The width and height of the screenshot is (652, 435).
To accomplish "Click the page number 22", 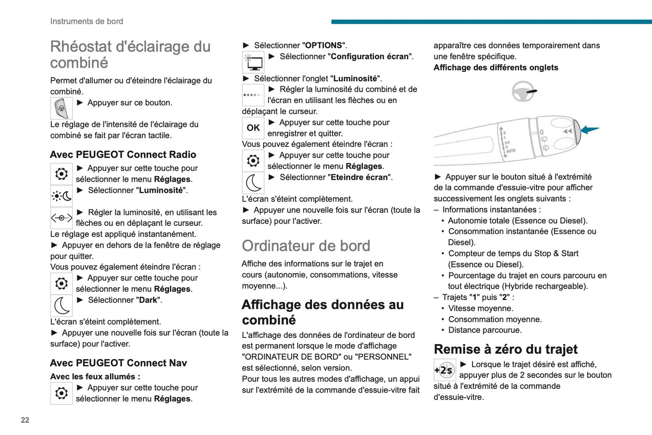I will point(25,420).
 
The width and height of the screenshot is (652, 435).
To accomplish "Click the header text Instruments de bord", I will point(87,21).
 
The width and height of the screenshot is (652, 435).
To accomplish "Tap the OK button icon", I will point(253,128).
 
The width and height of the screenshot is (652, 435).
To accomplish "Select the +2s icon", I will point(444,370).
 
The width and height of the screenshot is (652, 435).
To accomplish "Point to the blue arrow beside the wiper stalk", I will point(589,130).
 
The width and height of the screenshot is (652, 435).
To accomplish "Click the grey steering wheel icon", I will point(523,91).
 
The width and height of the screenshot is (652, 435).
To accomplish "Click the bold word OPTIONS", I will point(324,46).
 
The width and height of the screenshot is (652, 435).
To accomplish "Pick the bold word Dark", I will point(148,300).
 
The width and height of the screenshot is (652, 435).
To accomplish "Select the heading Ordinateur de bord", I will point(306,246).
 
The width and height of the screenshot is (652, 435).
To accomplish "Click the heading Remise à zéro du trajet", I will point(505,349).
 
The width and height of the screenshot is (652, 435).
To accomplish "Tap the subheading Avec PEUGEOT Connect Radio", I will point(123,154).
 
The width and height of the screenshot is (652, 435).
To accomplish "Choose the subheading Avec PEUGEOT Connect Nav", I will point(118,363).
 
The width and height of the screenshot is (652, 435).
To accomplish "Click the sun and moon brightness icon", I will point(61,196).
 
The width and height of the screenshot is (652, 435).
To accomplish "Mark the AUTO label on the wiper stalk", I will point(510,151).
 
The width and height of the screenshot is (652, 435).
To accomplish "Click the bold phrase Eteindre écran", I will point(359,178).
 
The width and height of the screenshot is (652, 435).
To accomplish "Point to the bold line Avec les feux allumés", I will point(95,377).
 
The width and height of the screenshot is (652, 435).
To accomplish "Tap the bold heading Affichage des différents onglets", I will point(496,68).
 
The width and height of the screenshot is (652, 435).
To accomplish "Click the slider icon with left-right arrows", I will point(61,218).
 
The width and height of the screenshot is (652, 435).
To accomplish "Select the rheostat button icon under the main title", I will point(61,108).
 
